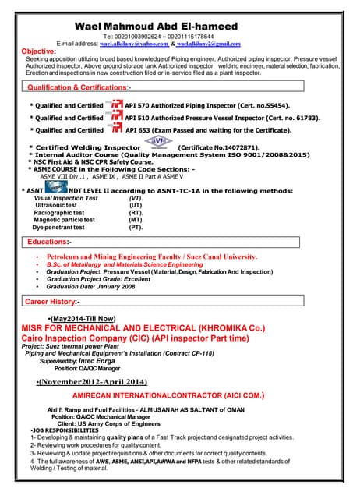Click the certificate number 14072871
[237, 147]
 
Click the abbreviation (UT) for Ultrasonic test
[136, 205]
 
